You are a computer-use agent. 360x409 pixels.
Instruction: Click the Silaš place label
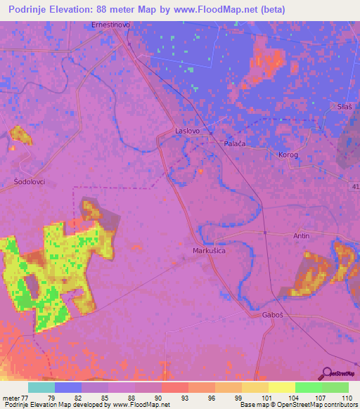345,106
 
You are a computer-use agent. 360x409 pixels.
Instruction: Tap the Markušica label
210,250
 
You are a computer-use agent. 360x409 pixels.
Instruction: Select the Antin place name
301,236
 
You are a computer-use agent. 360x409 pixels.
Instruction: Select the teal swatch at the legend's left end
41,387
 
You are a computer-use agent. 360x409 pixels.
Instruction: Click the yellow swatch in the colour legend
281,387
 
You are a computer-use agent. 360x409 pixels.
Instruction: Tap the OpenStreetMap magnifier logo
326,372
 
